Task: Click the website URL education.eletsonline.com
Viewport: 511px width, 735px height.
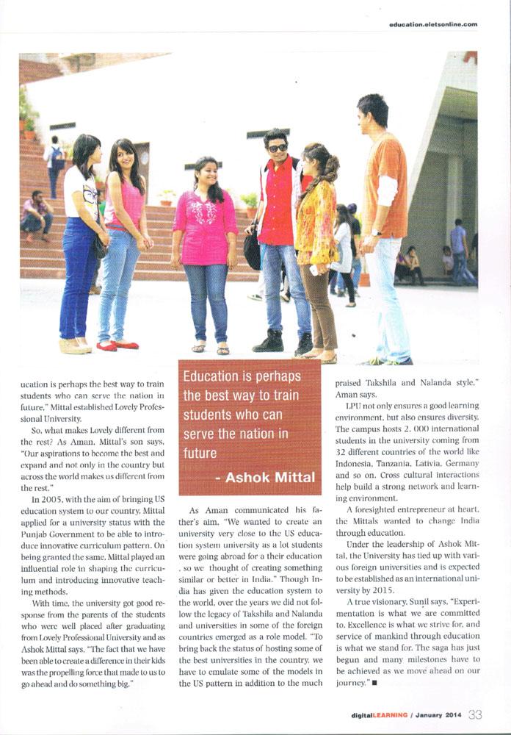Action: pyautogui.click(x=433, y=24)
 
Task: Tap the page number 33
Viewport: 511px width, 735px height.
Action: pyautogui.click(x=475, y=714)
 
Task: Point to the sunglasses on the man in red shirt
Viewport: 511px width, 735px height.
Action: pyautogui.click(x=278, y=148)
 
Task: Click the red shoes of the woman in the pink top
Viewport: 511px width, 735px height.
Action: pyautogui.click(x=117, y=345)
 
